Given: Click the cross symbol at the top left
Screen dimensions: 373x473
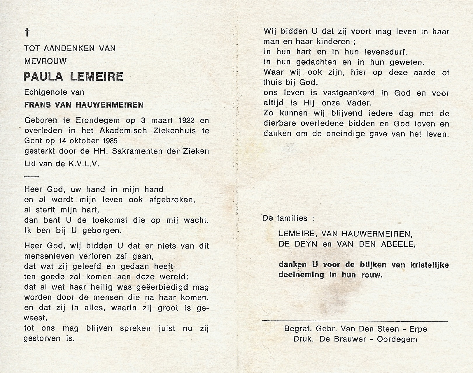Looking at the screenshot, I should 27,32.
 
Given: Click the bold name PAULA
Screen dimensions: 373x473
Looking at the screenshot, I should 43,77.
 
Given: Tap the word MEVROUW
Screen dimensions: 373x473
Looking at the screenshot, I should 45,61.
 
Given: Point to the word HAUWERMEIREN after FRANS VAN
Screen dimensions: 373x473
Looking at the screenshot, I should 110,105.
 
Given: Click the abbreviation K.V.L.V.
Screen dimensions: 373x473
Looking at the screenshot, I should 84,164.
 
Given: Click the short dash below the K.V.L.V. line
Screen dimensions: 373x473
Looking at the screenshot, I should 31,177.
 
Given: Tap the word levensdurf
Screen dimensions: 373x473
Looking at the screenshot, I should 386,52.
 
